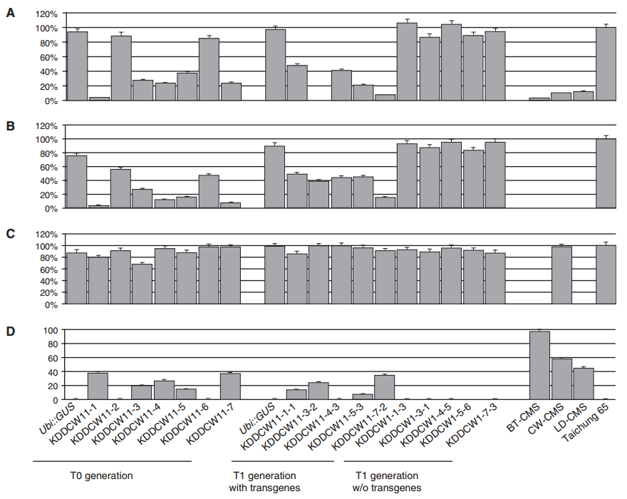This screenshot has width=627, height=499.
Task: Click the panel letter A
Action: (x=11, y=14)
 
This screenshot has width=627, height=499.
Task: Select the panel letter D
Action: (x=11, y=331)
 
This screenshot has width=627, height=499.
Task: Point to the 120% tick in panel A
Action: (x=47, y=14)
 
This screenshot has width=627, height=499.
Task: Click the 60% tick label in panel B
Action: (x=48, y=168)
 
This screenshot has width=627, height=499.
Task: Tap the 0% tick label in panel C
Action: (x=51, y=305)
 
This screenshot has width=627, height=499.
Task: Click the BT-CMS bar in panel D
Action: (x=539, y=366)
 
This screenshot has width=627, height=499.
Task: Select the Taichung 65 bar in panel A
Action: (x=606, y=64)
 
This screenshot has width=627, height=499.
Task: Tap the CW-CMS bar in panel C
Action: (x=561, y=275)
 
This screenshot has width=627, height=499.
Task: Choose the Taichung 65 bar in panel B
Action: (x=606, y=173)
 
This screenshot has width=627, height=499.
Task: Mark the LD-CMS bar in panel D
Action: (x=584, y=384)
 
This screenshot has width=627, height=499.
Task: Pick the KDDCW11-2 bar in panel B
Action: (x=120, y=188)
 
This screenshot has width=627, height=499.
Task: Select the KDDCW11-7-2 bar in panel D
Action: (x=384, y=387)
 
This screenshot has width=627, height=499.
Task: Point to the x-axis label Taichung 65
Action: (x=586, y=421)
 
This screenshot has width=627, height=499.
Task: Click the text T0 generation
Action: (x=102, y=475)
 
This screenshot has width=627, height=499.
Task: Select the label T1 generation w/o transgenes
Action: (x=387, y=482)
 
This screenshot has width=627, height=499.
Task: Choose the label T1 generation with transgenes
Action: (x=264, y=482)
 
